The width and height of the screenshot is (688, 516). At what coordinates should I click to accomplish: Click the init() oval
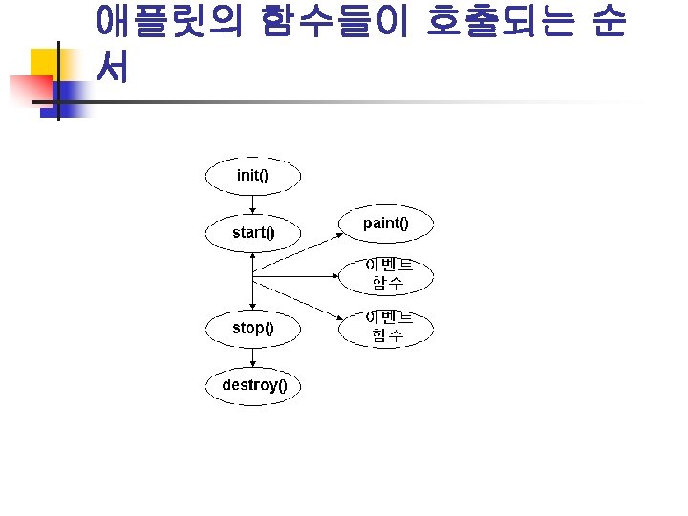tap(253, 176)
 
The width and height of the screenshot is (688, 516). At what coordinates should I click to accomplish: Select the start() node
tap(253, 232)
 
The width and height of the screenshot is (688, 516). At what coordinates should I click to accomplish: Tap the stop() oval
tap(253, 328)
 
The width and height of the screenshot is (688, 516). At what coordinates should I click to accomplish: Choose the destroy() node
tap(253, 385)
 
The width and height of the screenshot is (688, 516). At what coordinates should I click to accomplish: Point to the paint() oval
tap(386, 224)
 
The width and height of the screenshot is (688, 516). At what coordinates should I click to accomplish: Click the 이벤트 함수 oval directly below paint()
tap(386, 275)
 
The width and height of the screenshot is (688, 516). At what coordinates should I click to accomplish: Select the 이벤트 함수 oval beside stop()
tap(386, 327)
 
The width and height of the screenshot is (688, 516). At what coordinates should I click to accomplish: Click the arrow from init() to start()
tap(252, 204)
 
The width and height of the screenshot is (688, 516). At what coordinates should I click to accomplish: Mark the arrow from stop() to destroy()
tap(252, 356)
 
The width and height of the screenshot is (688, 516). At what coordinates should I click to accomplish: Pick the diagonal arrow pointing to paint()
tap(296, 251)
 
